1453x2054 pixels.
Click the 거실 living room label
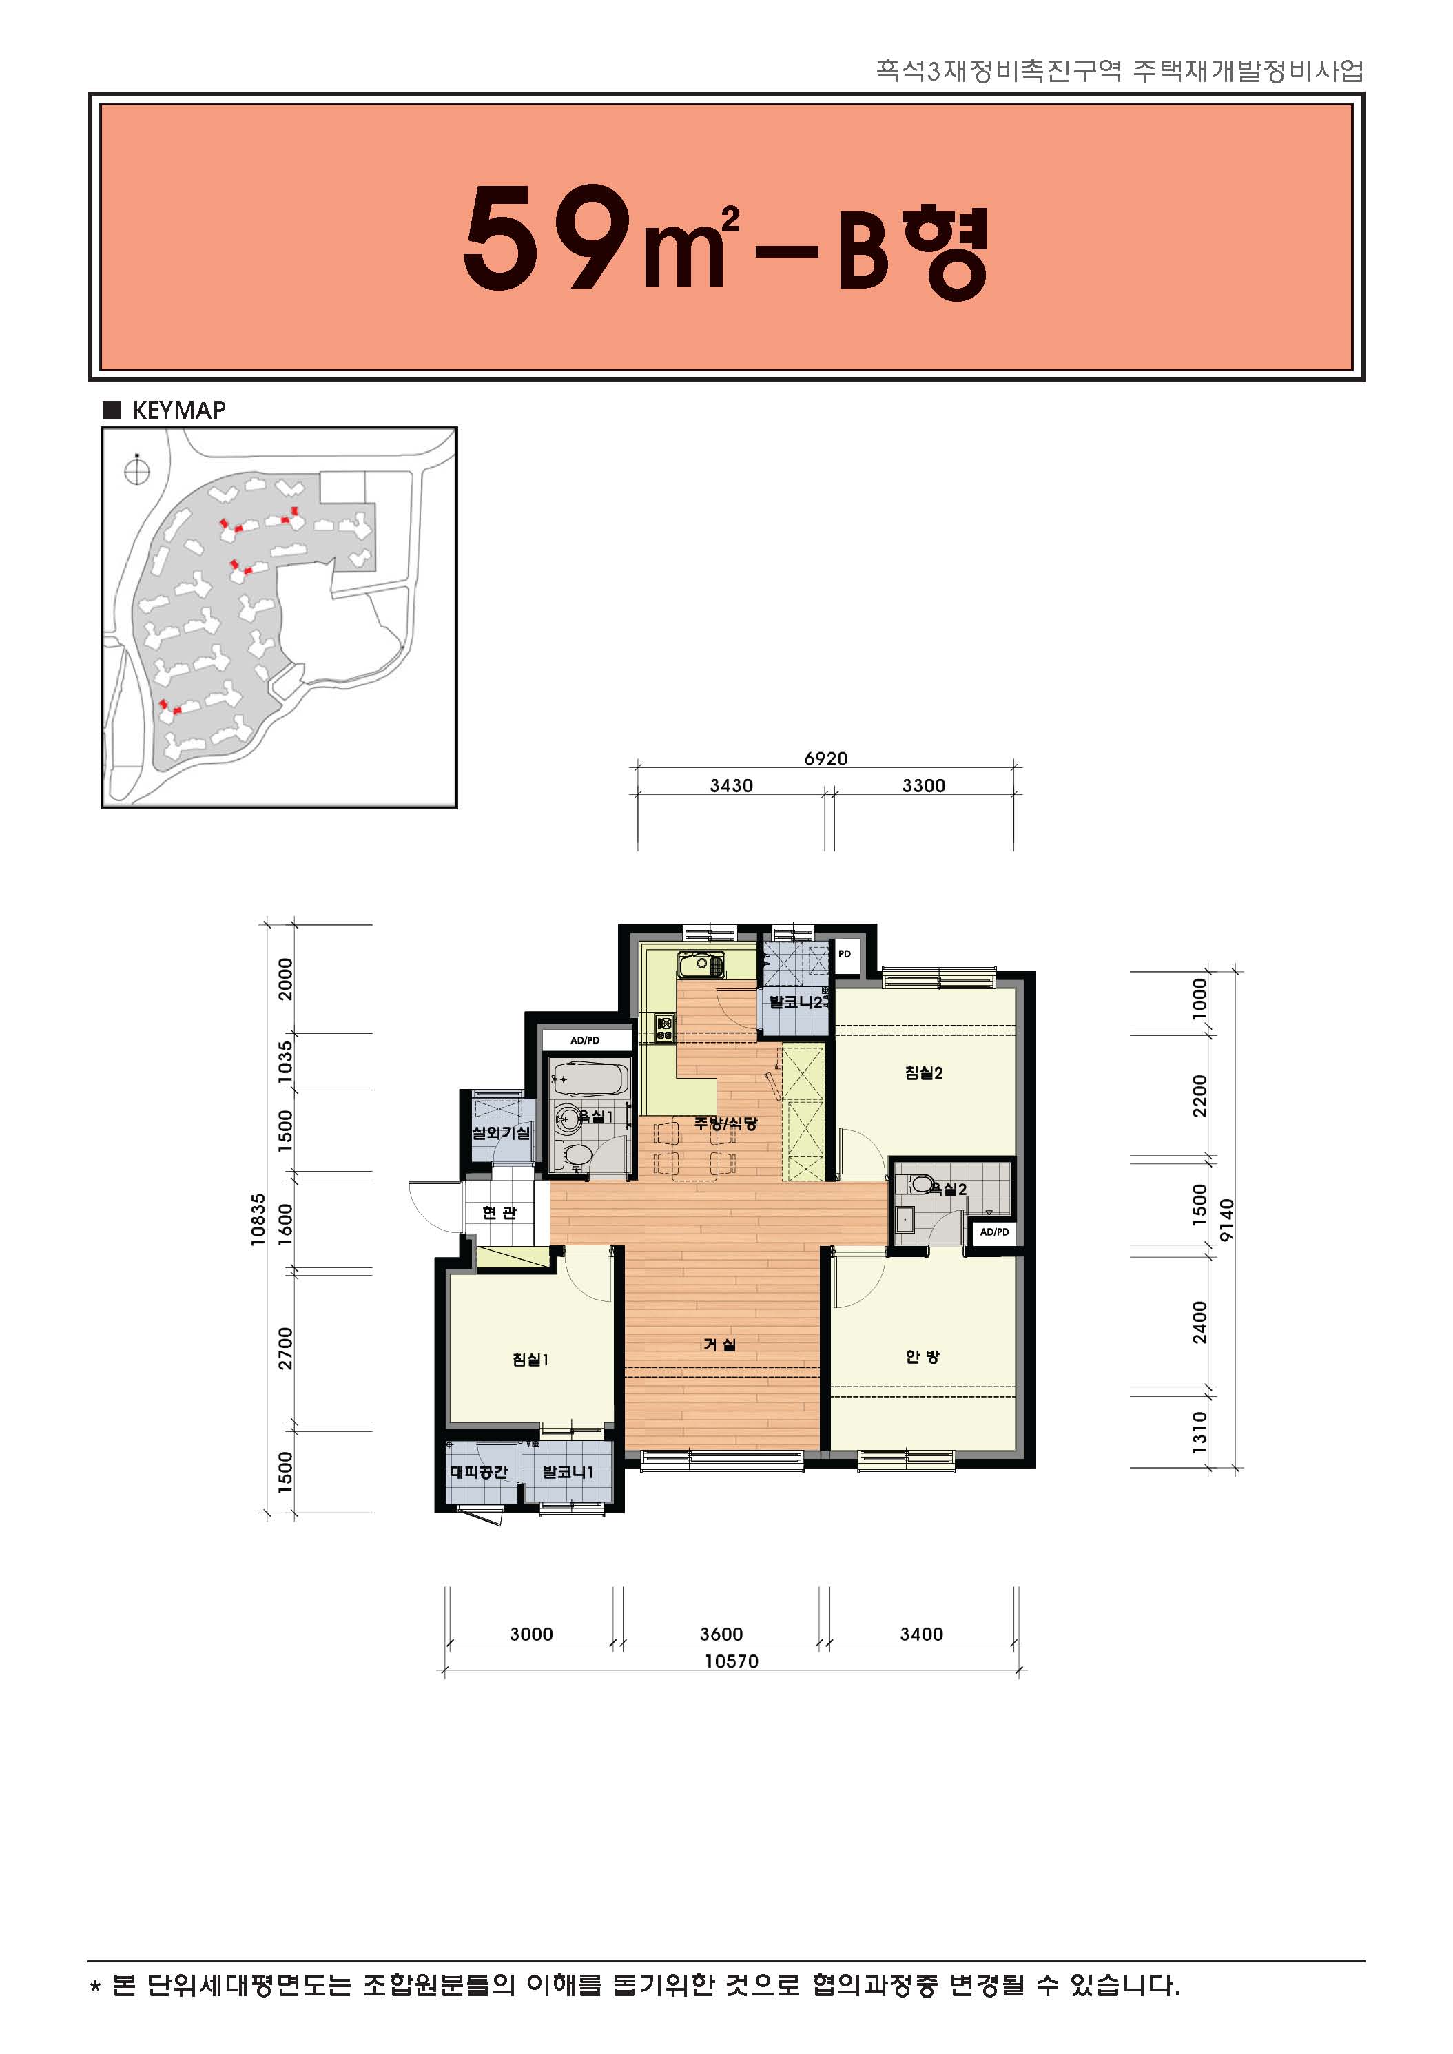pos(719,1345)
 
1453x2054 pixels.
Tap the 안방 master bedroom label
pos(923,1356)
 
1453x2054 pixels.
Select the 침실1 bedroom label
pos(530,1360)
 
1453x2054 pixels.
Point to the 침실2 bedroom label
pos(925,1072)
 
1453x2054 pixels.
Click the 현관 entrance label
pos(499,1212)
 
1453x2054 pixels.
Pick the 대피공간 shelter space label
pos(479,1471)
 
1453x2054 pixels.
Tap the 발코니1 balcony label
pos(568,1471)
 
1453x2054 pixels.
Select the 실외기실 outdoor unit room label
pos(501,1132)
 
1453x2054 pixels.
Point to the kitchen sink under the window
pos(701,965)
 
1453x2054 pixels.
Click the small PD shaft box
pos(845,955)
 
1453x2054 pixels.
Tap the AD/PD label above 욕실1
pos(585,1040)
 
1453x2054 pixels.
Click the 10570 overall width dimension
pos(731,1661)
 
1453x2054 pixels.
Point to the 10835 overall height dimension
pos(258,1219)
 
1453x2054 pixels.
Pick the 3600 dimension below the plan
pos(721,1635)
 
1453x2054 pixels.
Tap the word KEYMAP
pos(179,410)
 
